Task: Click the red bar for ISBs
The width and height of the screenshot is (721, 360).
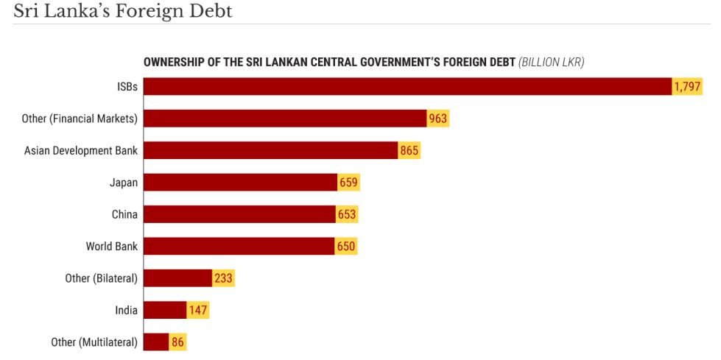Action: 407,86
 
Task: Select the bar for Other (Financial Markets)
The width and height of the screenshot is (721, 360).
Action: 285,119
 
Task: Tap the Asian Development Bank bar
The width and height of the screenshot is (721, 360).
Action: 270,150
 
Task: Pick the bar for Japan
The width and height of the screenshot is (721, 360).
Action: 240,183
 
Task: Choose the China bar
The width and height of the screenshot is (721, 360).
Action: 239,214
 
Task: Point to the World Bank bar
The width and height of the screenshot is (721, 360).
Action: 239,246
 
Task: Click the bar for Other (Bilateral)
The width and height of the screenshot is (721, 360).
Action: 177,278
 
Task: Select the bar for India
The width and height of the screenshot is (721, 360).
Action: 165,310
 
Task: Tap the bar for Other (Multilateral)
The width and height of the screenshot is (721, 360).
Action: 156,342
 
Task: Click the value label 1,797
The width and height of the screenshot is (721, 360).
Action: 686,87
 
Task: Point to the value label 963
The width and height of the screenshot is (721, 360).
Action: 438,119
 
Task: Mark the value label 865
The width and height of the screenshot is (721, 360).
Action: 409,151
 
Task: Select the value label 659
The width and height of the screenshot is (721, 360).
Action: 348,183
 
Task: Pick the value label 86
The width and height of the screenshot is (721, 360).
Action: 177,342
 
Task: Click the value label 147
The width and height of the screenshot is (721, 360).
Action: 197,310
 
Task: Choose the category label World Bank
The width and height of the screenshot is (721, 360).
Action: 111,246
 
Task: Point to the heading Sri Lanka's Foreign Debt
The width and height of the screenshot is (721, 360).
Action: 122,12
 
